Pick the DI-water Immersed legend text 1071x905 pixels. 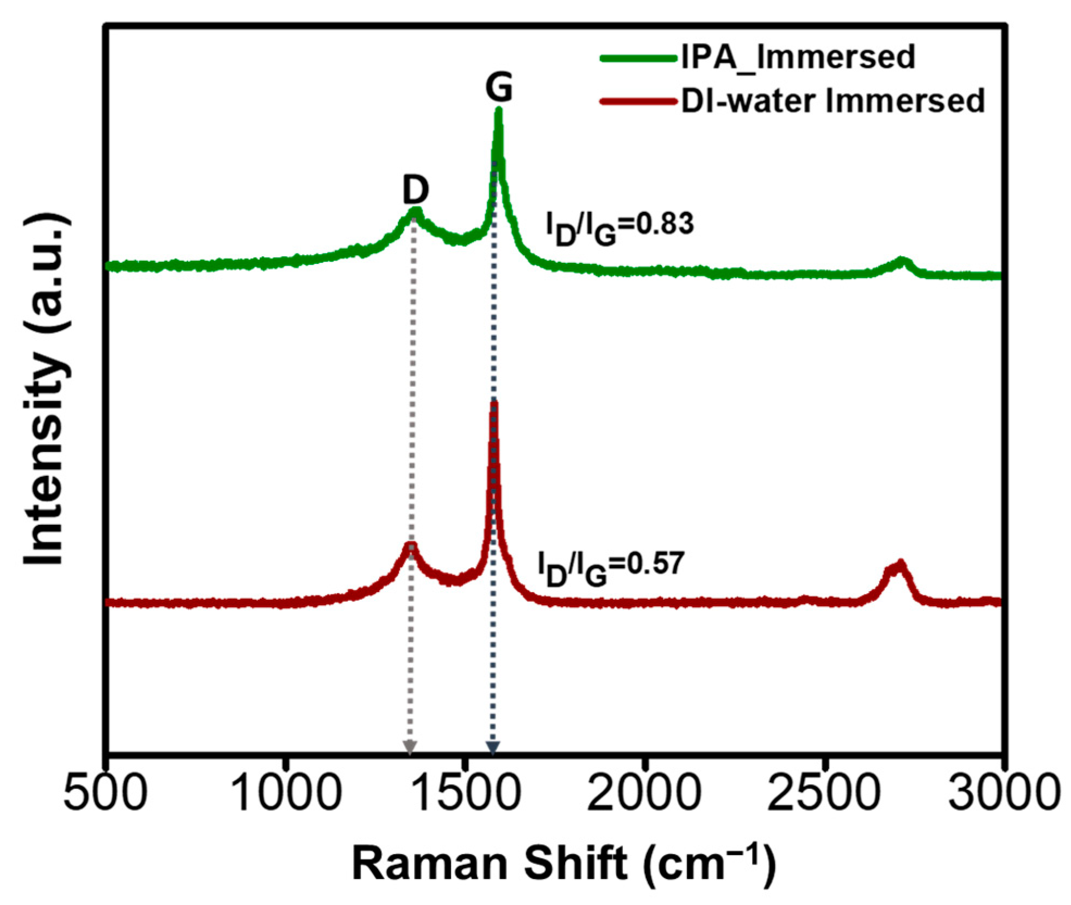(x=833, y=100)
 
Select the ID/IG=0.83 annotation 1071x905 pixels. (x=619, y=229)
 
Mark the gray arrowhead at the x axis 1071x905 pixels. (x=410, y=747)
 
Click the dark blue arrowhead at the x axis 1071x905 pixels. (x=492, y=747)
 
